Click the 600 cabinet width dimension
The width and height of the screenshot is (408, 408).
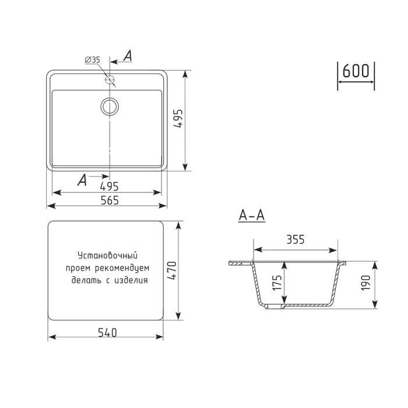coord(356,71)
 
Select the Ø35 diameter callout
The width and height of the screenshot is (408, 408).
coord(93,60)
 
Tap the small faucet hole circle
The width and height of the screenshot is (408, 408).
coord(110,79)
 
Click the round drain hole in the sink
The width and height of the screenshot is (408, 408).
coord(110,106)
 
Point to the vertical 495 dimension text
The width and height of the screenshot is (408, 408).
coord(178,118)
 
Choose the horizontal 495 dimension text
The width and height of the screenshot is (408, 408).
coord(110,187)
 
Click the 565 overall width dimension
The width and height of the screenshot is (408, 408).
coord(110,201)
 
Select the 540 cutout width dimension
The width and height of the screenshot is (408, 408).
coord(107,333)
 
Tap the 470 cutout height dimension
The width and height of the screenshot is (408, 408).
coord(172,270)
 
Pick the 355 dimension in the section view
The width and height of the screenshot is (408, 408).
coord(296,240)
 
